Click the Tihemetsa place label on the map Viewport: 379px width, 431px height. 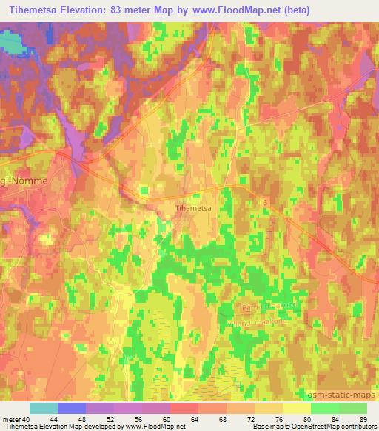coord(194,208)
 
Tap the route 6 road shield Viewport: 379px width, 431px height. coord(265,201)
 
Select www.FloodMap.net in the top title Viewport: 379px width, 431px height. coord(231,10)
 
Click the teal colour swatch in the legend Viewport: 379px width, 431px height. coord(44,408)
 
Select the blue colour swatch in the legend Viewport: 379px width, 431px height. coord(72,408)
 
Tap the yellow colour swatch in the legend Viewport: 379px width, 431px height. coord(296,408)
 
